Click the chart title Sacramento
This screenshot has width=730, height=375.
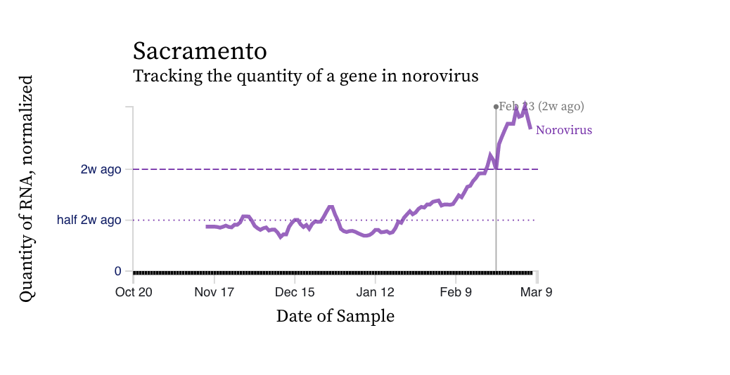[x=200, y=51]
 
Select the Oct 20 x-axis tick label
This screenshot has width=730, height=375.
[x=134, y=292]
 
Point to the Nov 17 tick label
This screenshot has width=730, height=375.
[x=214, y=292]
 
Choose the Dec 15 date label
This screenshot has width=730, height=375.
[x=295, y=292]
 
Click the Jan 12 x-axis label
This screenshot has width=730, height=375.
[x=375, y=292]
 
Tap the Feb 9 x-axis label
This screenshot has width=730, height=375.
[x=456, y=292]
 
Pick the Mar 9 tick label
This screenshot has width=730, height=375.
[x=536, y=292]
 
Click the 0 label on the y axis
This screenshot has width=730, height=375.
[x=118, y=271]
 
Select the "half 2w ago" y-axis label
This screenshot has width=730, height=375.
[x=89, y=220]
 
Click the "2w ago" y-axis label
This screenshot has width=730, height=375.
[x=101, y=169]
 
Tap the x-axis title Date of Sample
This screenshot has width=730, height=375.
[x=335, y=316]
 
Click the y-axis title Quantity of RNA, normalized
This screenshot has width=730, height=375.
[x=27, y=189]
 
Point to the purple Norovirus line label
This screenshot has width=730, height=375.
[x=563, y=130]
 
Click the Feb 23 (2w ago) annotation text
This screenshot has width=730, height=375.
[x=542, y=107]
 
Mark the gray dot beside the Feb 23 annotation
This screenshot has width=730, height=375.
[x=496, y=107]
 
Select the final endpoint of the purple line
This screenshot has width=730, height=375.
[x=530, y=127]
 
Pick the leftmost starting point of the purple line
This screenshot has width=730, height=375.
[x=207, y=226]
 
